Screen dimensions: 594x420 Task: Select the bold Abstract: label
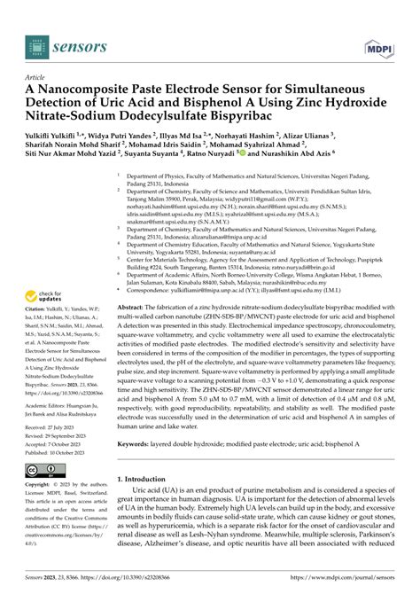pos(134,279)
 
